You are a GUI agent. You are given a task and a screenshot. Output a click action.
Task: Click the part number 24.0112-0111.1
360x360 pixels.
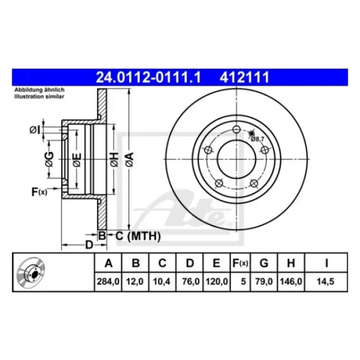[148, 77]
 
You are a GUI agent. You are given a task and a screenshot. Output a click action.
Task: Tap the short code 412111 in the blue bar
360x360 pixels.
[244, 77]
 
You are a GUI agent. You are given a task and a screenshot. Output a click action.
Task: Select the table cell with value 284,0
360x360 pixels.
[108, 281]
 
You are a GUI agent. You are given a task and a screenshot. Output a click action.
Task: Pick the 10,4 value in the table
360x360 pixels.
[161, 281]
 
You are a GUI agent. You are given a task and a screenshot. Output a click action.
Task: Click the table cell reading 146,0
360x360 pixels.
[291, 281]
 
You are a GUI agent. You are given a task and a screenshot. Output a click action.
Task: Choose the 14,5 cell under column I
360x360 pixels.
[326, 281]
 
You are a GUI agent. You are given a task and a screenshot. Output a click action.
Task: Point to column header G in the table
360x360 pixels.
[264, 263]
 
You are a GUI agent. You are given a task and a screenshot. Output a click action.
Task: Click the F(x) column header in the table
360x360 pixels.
[240, 263]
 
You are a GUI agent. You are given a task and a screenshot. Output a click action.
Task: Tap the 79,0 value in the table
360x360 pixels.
[264, 281]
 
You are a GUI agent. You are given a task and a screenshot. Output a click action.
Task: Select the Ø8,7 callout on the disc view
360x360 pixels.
[257, 139]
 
